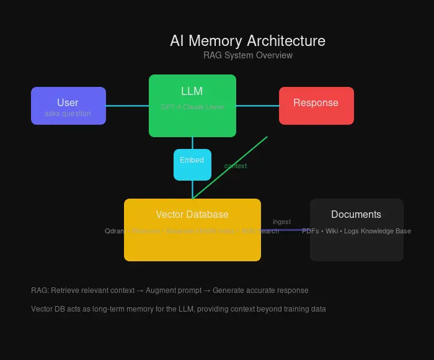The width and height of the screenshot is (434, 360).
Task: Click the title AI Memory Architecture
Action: point(247,41)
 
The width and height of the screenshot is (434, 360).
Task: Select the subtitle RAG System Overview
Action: point(247,55)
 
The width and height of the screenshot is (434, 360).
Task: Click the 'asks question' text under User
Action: point(68,114)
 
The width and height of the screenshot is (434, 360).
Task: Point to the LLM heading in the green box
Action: point(192,91)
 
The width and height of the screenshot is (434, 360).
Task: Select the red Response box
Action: point(316,106)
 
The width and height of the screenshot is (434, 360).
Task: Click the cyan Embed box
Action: point(192,164)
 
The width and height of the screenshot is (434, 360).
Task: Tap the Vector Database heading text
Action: point(192,215)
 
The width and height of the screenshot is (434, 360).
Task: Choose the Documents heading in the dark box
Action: point(356,215)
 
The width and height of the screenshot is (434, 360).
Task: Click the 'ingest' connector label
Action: point(281,222)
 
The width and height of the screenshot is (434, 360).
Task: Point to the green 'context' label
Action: point(236,166)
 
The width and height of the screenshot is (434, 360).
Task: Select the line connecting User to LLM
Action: point(127,106)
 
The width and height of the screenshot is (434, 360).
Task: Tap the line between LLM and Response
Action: point(257,106)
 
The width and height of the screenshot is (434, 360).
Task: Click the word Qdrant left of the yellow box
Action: point(114,231)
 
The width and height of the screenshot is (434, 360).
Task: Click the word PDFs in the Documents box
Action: point(311,231)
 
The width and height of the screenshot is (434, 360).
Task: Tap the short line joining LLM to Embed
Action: point(192,143)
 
